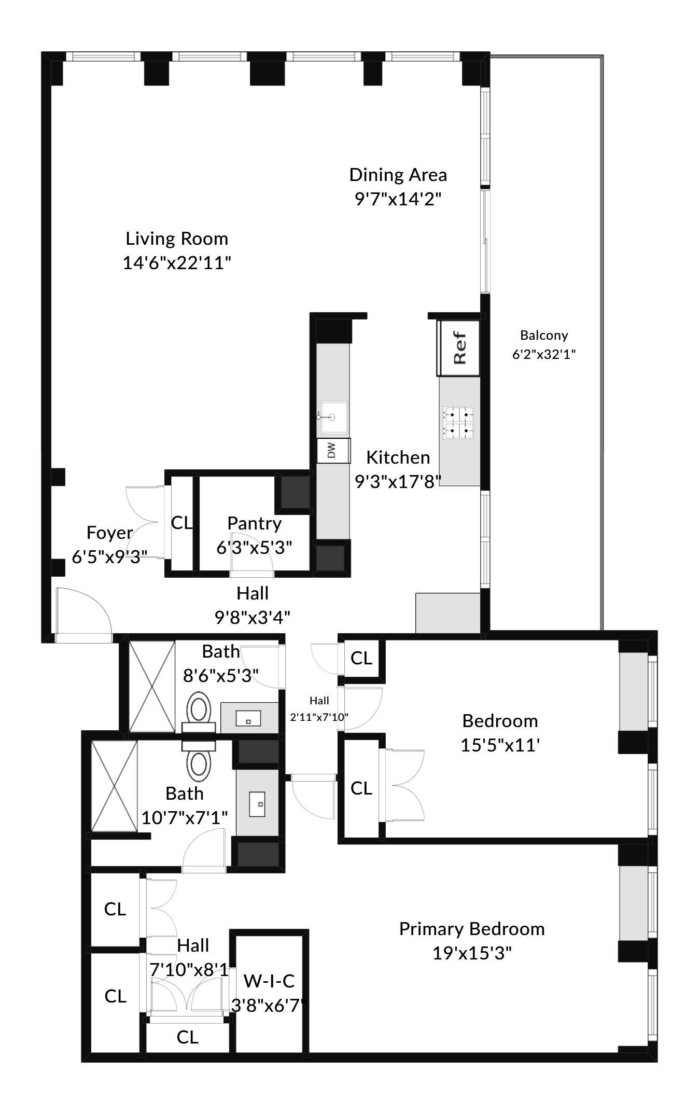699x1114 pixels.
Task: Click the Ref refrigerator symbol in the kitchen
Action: [458, 348]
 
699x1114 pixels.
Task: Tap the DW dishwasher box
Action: [333, 450]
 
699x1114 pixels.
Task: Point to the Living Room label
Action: [177, 239]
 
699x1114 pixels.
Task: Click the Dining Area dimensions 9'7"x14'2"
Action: [398, 199]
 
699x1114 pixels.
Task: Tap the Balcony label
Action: [544, 335]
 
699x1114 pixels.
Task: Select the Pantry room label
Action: [254, 523]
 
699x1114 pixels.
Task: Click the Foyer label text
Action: [109, 533]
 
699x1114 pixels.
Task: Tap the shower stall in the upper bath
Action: [152, 687]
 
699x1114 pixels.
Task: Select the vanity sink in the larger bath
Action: [257, 804]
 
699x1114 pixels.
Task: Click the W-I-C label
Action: [269, 980]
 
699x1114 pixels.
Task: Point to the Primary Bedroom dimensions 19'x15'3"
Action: [472, 953]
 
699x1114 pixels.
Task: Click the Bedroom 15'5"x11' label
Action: [500, 721]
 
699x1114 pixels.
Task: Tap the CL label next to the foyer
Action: [181, 523]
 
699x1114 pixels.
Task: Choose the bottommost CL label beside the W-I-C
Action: [187, 1037]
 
